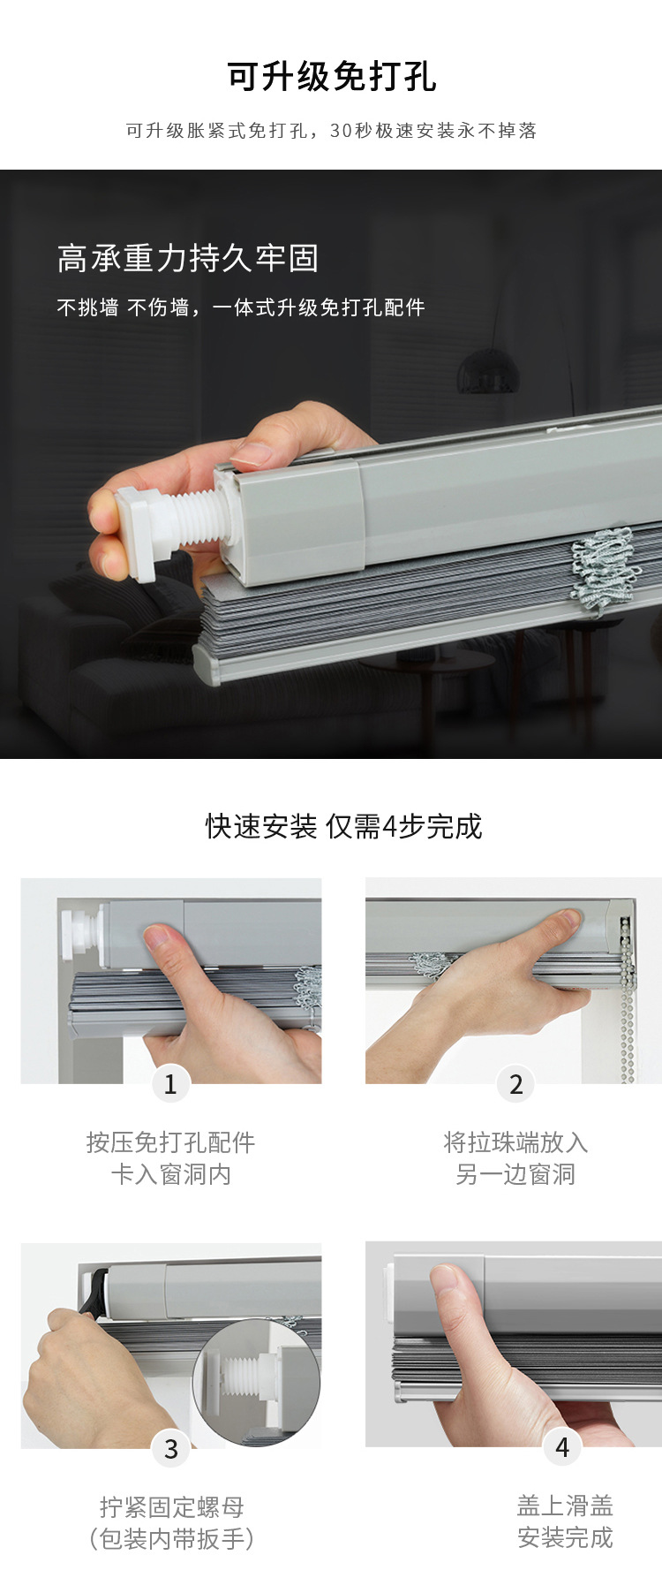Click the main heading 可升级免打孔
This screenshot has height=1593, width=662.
[331, 78]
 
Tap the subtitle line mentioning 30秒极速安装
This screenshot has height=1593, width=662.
[331, 131]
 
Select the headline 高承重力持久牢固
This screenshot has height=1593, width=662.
[187, 258]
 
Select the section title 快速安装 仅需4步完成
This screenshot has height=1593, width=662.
[343, 826]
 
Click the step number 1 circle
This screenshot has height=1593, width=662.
[170, 1084]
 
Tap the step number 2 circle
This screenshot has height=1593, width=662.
[516, 1084]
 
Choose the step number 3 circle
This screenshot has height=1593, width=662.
[170, 1449]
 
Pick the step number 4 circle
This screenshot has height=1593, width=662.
[562, 1447]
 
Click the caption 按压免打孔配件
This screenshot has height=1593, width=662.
[170, 1142]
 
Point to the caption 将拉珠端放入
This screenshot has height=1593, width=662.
[515, 1142]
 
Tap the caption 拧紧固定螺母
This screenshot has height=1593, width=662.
[171, 1506]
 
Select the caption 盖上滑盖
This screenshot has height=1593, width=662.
[565, 1505]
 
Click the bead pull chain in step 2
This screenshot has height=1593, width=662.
[628, 998]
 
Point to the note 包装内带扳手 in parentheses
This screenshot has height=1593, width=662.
[171, 1539]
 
